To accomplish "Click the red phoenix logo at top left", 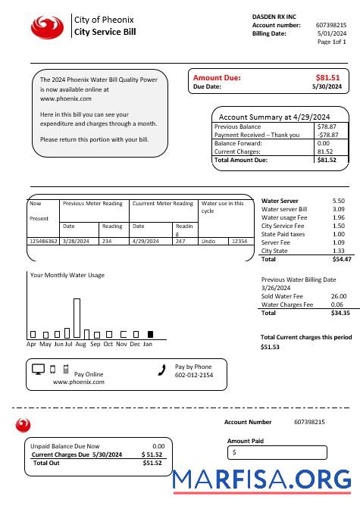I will tap(48, 27).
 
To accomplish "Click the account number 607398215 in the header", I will tap(331, 25).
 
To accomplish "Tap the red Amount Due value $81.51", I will tap(327, 77).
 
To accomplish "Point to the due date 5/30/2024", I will tap(327, 87).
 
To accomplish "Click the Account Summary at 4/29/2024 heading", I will tap(274, 117).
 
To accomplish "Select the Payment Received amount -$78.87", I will tap(327, 135).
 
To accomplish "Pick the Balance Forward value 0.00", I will tap(324, 143).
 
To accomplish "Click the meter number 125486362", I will tap(43, 241).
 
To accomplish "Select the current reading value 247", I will tap(180, 241).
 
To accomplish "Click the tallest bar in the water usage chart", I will tap(77, 317).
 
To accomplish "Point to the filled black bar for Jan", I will tap(150, 334).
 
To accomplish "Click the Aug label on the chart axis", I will tap(81, 344).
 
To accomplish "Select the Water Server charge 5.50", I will tap(338, 201).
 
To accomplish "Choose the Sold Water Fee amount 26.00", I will tap(339, 296).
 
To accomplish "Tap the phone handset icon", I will tap(161, 370).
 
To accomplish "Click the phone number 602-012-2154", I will tap(194, 375).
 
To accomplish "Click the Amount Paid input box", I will tap(277, 452).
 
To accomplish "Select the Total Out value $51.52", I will tap(152, 462).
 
